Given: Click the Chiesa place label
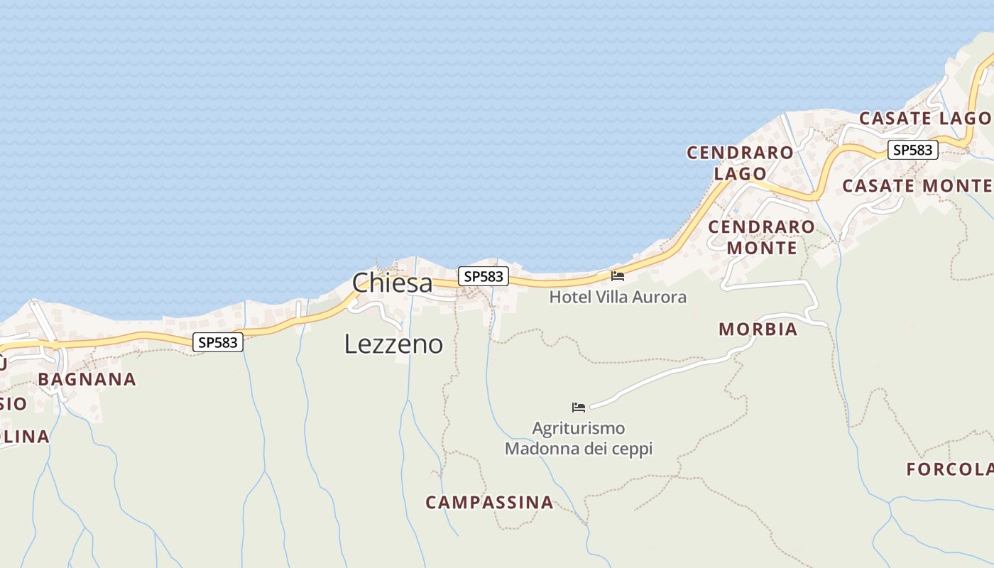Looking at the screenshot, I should tap(392, 283).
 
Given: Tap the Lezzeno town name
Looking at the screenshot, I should tap(393, 344).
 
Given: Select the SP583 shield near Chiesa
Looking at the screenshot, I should tap(483, 276).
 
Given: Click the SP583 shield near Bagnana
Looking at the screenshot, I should tap(218, 342).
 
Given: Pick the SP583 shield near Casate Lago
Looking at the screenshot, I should tap(912, 150).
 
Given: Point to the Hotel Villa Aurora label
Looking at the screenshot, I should tap(618, 297).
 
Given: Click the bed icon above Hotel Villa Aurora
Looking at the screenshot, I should tap(618, 275).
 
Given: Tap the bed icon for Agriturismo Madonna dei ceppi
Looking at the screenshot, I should tap(579, 407).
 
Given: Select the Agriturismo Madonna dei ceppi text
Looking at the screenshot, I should tap(579, 438).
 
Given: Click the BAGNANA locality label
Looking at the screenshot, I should tap(87, 379).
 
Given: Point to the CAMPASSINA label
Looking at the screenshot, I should tap(489, 503).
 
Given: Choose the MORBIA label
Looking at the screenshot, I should tap(758, 329).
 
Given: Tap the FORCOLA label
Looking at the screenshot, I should tap(949, 469).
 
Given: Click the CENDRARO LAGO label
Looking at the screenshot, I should tap(741, 163).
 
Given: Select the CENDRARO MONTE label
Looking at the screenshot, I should tap(762, 237).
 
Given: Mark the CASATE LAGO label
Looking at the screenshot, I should tap(924, 119).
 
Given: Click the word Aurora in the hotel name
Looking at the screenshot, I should tap(660, 297).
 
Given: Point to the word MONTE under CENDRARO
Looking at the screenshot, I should tap(762, 248).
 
